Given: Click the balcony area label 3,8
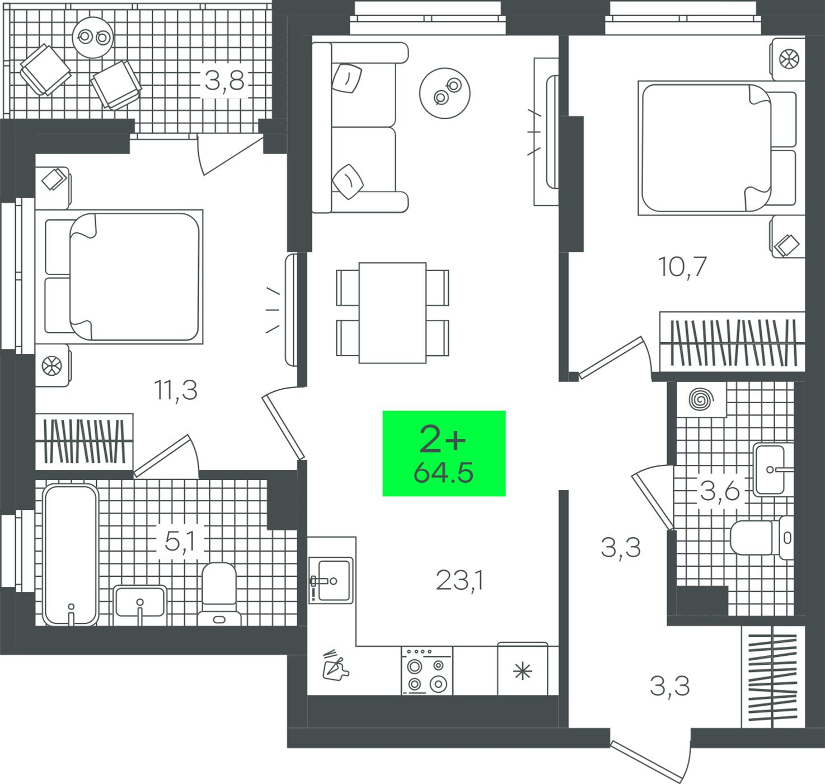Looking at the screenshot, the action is (x=224, y=81).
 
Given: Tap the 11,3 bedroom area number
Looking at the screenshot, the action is (x=175, y=389).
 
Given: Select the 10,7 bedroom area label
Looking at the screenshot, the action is (x=682, y=266).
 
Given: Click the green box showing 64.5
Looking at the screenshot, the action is (x=444, y=453).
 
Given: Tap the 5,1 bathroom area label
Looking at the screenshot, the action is (x=180, y=542).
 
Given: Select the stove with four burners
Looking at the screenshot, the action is (x=427, y=671).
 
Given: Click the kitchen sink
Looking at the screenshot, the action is (x=331, y=581).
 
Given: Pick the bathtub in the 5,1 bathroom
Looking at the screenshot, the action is (x=71, y=555).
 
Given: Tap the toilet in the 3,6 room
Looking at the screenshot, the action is (x=762, y=538).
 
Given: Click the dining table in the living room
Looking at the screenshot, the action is (x=392, y=313).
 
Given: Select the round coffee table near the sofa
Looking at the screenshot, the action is (x=445, y=93).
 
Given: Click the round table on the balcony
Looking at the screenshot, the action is (x=93, y=38).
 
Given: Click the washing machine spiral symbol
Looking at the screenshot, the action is (x=701, y=399).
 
